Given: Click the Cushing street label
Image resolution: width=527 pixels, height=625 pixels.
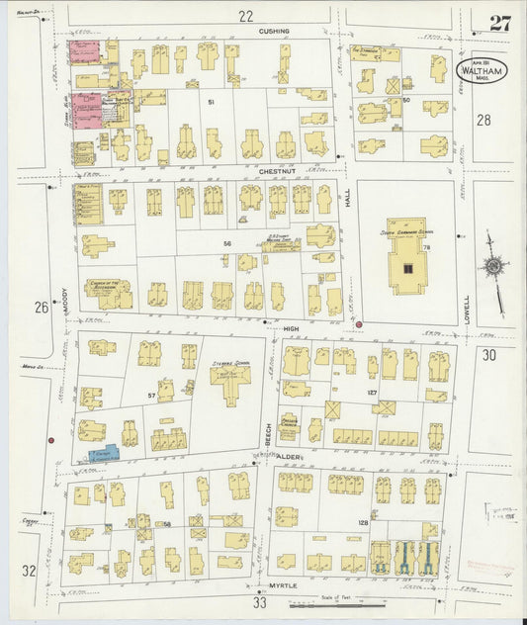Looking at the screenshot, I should coord(274,31).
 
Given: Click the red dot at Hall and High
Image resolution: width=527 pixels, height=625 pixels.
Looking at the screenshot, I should coord(359,323).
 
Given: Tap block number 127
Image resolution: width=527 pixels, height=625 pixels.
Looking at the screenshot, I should coord(374,394).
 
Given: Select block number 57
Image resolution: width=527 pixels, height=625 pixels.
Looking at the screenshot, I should coord(151,396).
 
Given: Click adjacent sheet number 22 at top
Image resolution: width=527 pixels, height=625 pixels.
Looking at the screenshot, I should coord(246,14).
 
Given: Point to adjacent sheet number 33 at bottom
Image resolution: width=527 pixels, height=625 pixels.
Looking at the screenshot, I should coord(260,601).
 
